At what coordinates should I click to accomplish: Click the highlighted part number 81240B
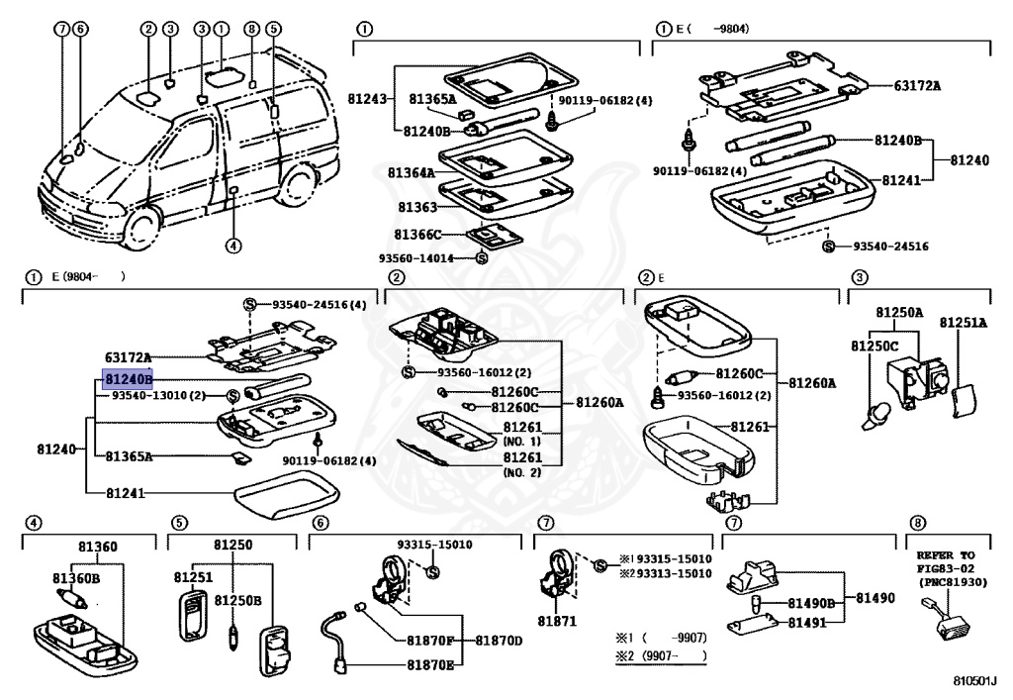pos(129,378)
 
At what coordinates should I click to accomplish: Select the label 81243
pos(367,99)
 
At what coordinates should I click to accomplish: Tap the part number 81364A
pos(411,173)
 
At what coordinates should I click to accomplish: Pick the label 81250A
pos(897,313)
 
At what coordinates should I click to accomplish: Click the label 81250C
pos(875,346)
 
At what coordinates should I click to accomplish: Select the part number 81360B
pos(76,578)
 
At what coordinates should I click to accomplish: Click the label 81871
pos(555,620)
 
